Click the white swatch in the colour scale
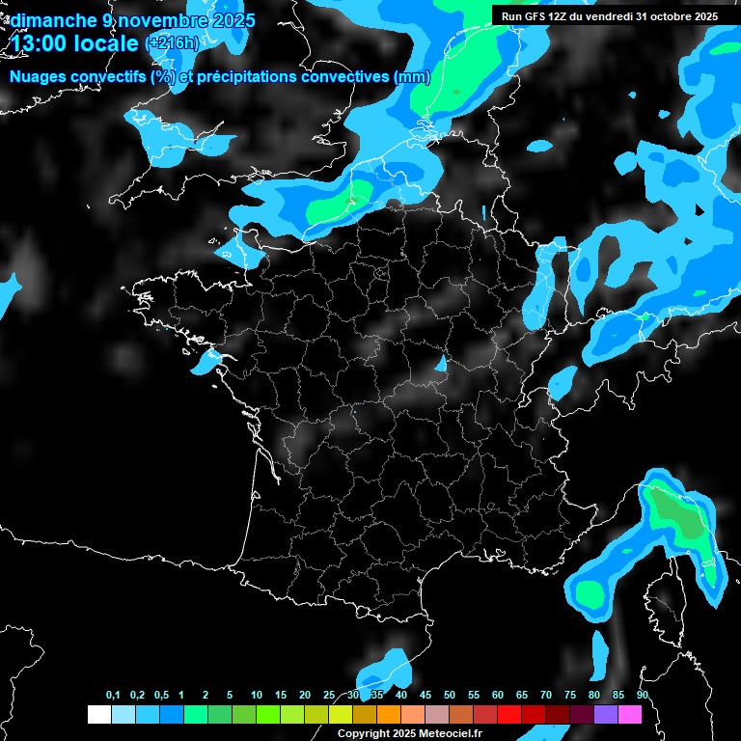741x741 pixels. point(98,714)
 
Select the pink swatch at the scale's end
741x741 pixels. point(630,714)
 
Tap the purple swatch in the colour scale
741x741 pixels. point(606,714)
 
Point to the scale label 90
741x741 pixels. point(642,695)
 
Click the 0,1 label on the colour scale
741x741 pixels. point(113,695)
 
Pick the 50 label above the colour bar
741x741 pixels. point(450,695)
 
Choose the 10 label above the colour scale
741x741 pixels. point(256,695)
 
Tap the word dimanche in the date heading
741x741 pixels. point(53,20)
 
